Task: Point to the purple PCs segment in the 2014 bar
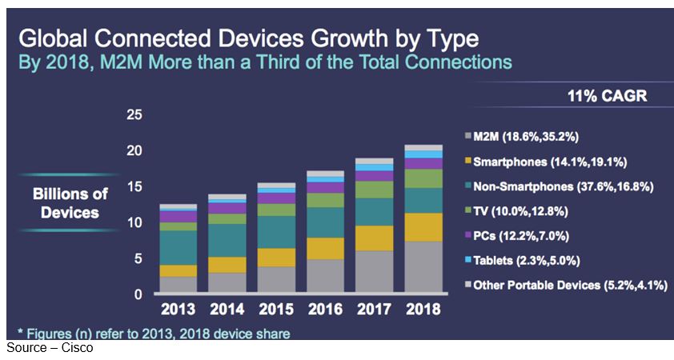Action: (226, 208)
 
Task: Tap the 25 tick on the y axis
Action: (134, 115)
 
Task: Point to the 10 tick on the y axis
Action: (134, 222)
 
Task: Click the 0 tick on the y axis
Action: (138, 294)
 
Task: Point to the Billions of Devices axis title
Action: (70, 203)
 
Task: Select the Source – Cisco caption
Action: (50, 349)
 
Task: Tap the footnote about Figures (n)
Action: (153, 331)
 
